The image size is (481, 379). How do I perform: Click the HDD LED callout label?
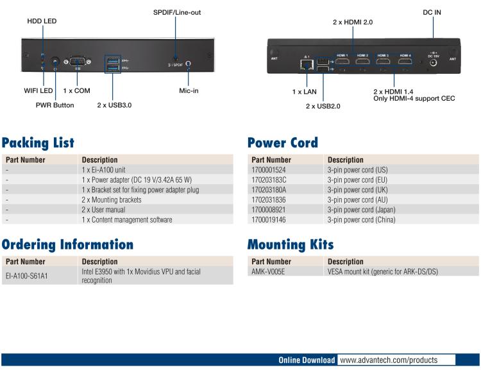[x=42, y=21]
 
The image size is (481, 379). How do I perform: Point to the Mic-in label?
[x=189, y=90]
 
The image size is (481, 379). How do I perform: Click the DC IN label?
[x=432, y=12]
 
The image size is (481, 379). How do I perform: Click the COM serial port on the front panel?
[x=78, y=61]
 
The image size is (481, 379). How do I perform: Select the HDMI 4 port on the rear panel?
[x=405, y=62]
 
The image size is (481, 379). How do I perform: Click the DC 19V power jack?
[x=433, y=64]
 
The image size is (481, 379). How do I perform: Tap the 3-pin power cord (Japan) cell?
[x=362, y=210]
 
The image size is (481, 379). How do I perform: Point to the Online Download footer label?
[x=306, y=360]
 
